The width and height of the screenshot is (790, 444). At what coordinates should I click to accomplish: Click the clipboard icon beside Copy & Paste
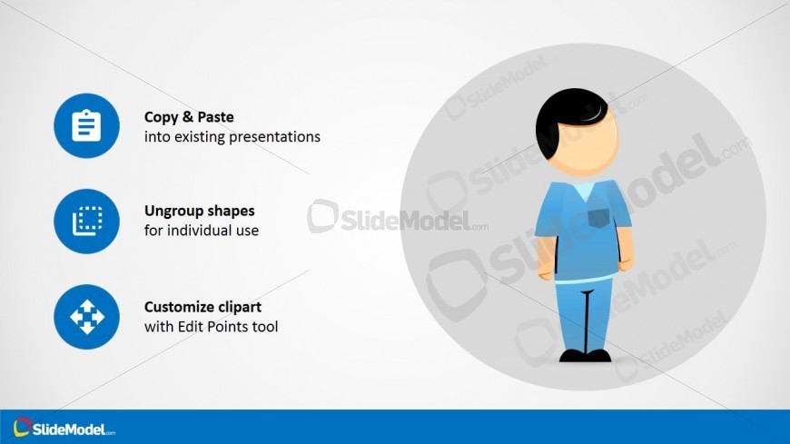(86, 125)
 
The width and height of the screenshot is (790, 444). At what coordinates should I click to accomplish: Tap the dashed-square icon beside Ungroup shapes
(86, 221)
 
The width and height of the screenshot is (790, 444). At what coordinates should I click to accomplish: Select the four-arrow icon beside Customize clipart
(86, 316)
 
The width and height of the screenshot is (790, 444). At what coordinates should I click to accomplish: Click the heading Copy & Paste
(189, 117)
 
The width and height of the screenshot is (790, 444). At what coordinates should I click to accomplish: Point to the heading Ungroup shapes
(199, 211)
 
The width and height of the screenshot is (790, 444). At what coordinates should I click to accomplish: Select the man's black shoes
(584, 355)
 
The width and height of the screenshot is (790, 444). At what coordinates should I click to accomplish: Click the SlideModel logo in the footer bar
(64, 428)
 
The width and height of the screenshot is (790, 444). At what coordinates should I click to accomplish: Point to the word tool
(266, 325)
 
